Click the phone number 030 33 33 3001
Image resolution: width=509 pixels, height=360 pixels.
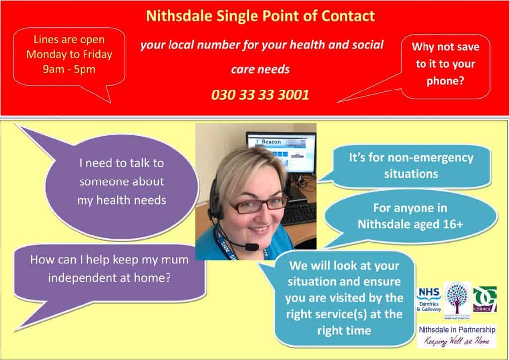(260, 95)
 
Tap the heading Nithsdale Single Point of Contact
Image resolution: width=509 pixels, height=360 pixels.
(260, 16)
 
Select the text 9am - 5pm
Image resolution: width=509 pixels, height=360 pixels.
(69, 69)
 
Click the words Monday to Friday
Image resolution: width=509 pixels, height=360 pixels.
(69, 54)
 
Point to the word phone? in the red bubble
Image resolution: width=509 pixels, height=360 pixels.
(445, 81)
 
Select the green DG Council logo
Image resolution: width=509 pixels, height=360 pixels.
(485, 299)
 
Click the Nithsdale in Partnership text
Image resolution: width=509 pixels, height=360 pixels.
(457, 330)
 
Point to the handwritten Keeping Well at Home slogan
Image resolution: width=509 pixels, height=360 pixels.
(457, 341)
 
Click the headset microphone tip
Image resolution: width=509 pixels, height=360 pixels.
(252, 247)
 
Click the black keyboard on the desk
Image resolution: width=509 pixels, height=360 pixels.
(298, 214)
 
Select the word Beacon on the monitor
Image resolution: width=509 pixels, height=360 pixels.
(271, 142)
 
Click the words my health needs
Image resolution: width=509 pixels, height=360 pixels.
(121, 200)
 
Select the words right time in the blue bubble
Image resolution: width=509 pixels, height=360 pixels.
(344, 331)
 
